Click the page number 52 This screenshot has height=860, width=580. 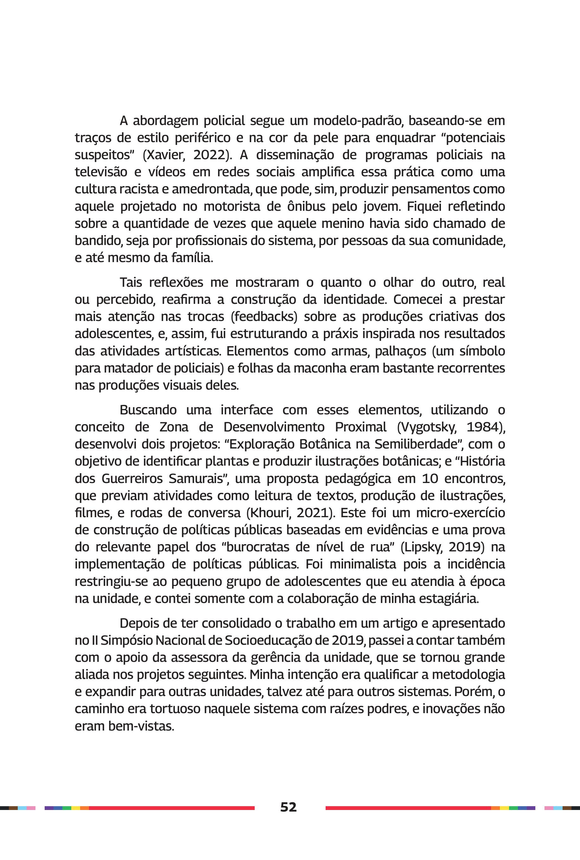[x=288, y=807]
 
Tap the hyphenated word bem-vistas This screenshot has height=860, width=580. [x=141, y=726]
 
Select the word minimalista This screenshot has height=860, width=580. [x=354, y=564]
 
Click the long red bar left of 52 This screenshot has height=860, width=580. [x=172, y=808]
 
